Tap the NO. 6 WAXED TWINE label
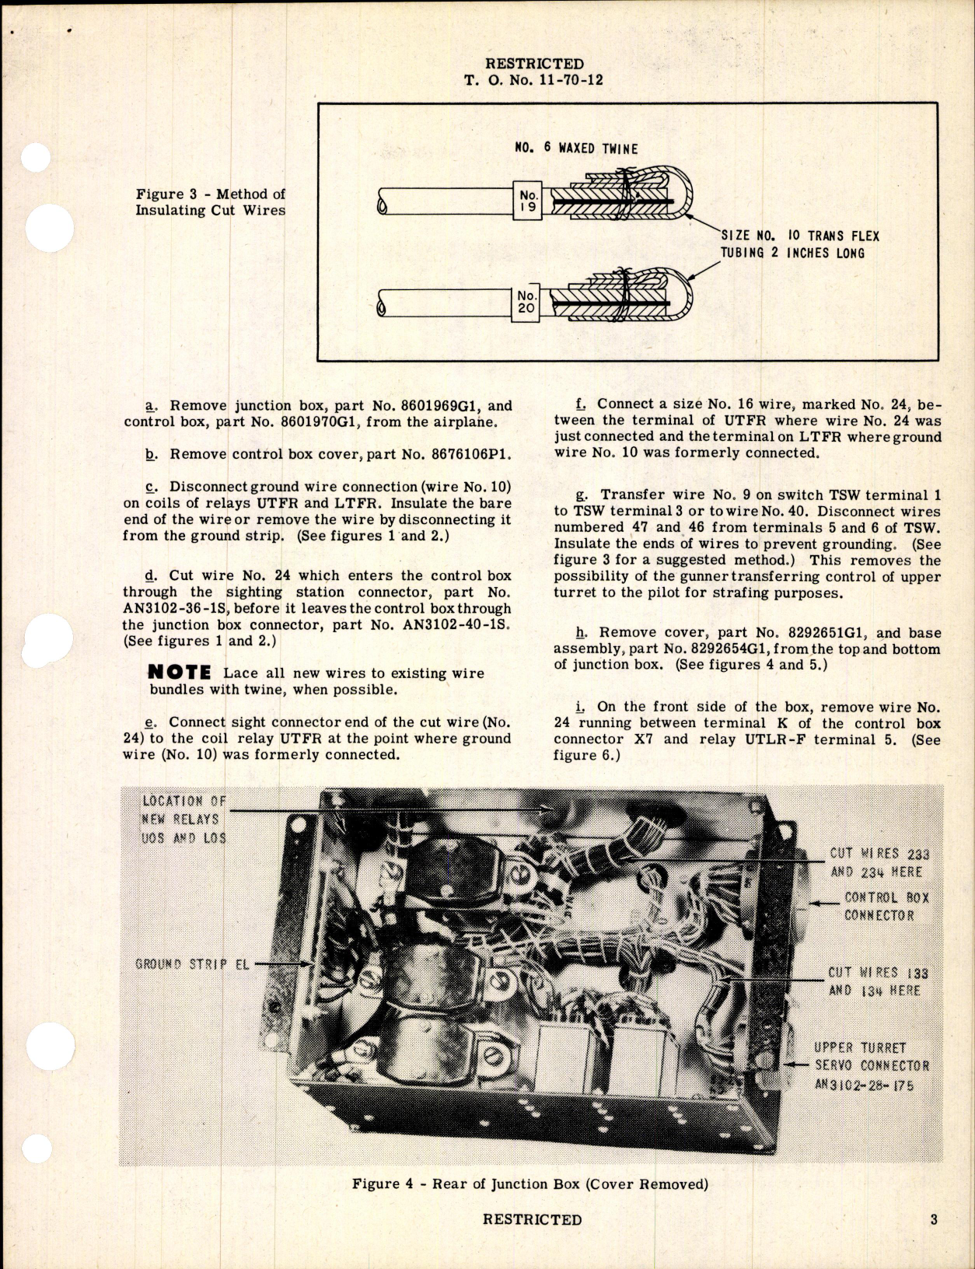coord(576,148)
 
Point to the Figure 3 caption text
coord(211,202)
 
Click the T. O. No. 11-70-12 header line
coord(533,79)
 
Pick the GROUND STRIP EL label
coord(191,964)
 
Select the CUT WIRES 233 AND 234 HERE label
coord(879,862)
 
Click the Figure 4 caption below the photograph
coord(530,1184)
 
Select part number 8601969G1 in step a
coord(418,405)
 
